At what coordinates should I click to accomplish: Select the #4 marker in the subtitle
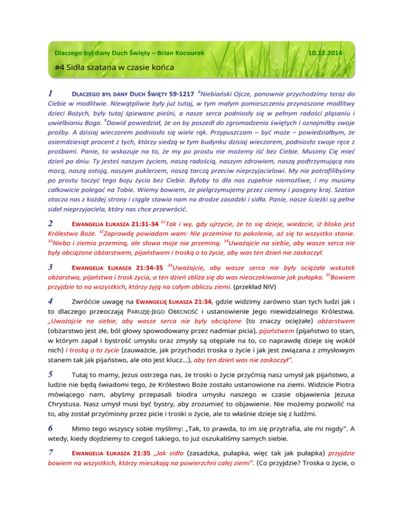[x=60, y=69]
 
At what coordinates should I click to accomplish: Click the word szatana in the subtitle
[x=106, y=69]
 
